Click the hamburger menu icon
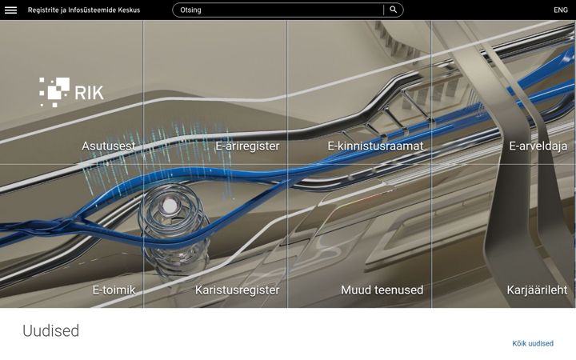pyautogui.click(x=10, y=10)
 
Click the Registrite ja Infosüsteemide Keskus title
pyautogui.click(x=84, y=10)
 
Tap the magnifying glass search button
pyautogui.click(x=393, y=10)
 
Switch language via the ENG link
pyautogui.click(x=561, y=10)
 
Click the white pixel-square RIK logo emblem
pyautogui.click(x=54, y=92)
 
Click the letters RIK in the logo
pyautogui.click(x=90, y=93)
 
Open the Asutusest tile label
pyautogui.click(x=108, y=146)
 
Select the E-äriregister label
pyautogui.click(x=247, y=146)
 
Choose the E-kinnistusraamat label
pyautogui.click(x=375, y=146)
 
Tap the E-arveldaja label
pyautogui.click(x=538, y=146)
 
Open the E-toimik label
pyautogui.click(x=114, y=290)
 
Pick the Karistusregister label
pyautogui.click(x=238, y=290)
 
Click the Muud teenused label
pyautogui.click(x=382, y=290)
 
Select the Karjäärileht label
pyautogui.click(x=537, y=290)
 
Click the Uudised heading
pyautogui.click(x=50, y=330)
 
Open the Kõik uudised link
pyautogui.click(x=533, y=343)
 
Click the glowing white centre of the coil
pyautogui.click(x=169, y=206)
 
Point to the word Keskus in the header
pyautogui.click(x=129, y=10)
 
